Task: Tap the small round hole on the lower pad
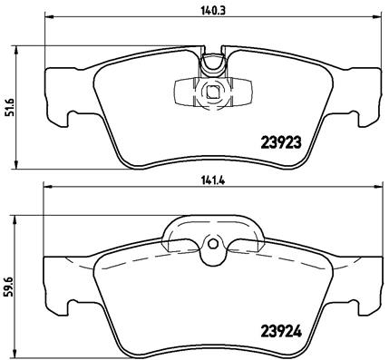[x=213, y=244]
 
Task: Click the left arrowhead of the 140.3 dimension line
[x=48, y=19]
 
